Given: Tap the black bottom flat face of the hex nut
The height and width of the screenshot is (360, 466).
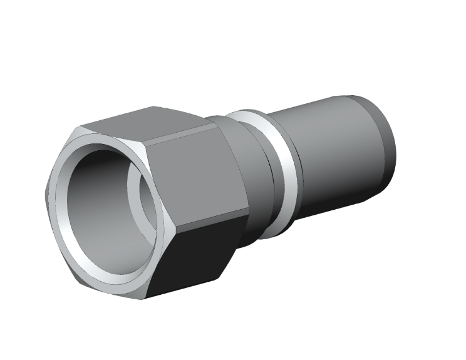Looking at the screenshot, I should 188,257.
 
